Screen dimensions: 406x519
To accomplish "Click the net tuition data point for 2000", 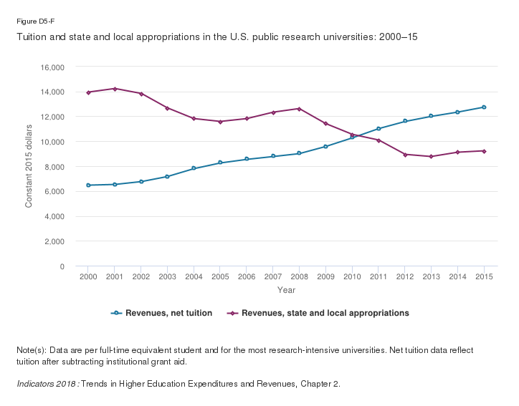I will click(88, 185).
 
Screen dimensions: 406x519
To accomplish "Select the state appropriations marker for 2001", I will click(115, 89).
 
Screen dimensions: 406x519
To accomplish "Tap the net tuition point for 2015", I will click(484, 107).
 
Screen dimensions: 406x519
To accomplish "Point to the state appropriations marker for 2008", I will click(299, 109).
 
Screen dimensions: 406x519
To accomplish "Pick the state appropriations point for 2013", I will click(431, 156).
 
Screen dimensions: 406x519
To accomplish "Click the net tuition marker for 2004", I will click(194, 168).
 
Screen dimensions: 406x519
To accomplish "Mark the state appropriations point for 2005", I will click(220, 122).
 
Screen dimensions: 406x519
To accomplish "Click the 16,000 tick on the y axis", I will click(53, 67).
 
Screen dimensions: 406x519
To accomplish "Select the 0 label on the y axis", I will click(62, 266).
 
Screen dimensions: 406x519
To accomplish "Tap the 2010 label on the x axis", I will click(352, 276).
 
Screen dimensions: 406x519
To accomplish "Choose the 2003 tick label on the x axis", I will click(167, 276).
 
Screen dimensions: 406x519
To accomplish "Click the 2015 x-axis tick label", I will click(484, 276).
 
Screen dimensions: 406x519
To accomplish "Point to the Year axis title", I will click(286, 290).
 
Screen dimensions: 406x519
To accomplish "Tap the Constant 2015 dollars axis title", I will click(29, 167).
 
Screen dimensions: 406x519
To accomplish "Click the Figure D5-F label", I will click(31, 21).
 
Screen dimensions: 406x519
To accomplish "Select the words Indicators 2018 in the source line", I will click(46, 384).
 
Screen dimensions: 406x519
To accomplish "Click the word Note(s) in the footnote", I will click(31, 350).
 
